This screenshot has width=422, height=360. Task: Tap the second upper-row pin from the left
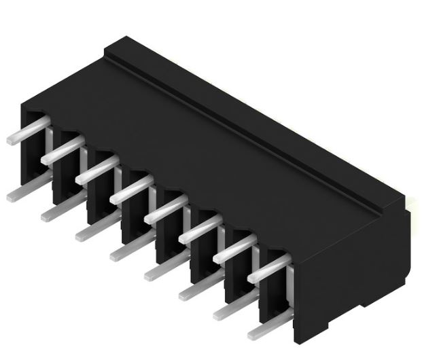(x=62, y=151)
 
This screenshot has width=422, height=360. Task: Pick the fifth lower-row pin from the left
(x=163, y=271)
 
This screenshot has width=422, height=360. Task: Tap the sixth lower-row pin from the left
(x=198, y=291)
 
